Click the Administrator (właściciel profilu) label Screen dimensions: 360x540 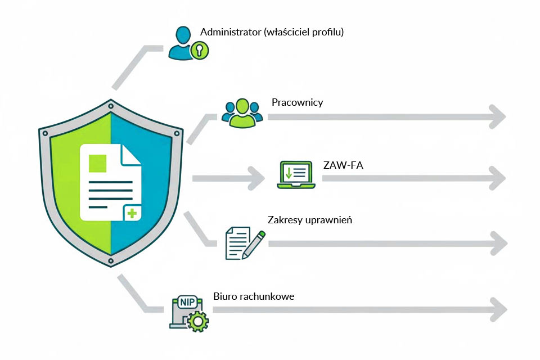point(272,32)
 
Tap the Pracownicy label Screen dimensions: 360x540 point(297,102)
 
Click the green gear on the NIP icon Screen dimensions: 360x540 point(198,322)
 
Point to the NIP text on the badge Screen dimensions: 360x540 point(186,302)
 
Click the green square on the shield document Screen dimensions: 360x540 point(97,162)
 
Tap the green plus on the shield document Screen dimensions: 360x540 point(132,213)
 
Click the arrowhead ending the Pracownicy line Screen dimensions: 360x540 point(497,117)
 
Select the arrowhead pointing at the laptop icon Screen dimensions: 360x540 point(256,178)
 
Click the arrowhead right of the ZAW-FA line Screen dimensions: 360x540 point(497,178)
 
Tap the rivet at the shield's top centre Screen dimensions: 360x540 point(111,106)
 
